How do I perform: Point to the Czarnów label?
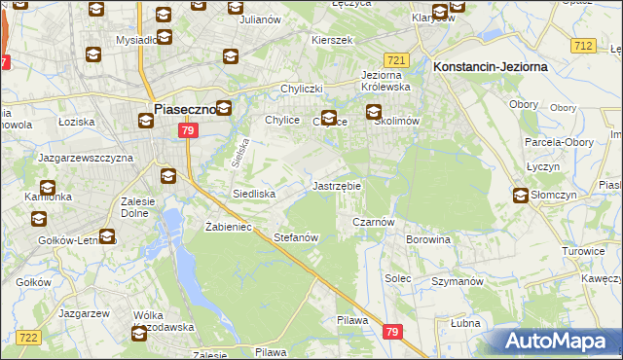point(372,222)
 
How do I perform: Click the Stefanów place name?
point(297,237)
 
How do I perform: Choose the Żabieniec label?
point(229,227)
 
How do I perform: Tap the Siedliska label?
point(253,194)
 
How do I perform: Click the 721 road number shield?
point(395,59)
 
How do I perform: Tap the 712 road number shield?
point(583,46)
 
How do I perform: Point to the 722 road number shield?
point(28,337)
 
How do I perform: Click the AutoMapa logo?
point(555,342)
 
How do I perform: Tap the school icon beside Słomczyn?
point(522,196)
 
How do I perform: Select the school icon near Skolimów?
point(375,113)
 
